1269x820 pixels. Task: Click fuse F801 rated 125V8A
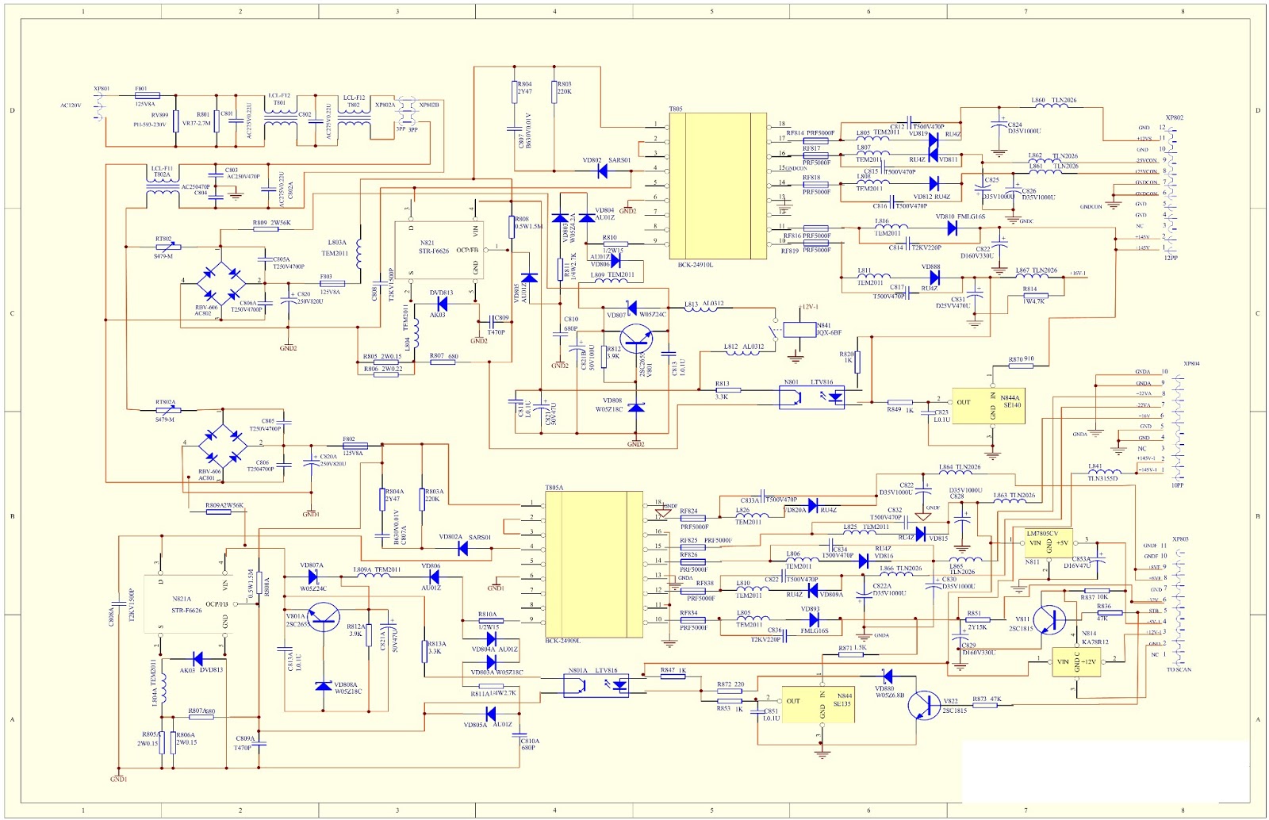click(x=148, y=96)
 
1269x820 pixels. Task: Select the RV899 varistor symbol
click(x=175, y=121)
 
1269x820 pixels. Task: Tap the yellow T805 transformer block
click(x=718, y=186)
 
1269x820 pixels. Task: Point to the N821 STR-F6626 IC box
click(x=439, y=250)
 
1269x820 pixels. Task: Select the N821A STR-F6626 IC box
click(x=187, y=604)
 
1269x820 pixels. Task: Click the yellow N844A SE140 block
click(x=987, y=405)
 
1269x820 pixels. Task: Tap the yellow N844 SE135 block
click(x=818, y=705)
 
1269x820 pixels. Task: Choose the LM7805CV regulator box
click(x=1048, y=543)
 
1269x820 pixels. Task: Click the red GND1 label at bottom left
click(x=118, y=780)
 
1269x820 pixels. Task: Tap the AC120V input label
click(x=71, y=105)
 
